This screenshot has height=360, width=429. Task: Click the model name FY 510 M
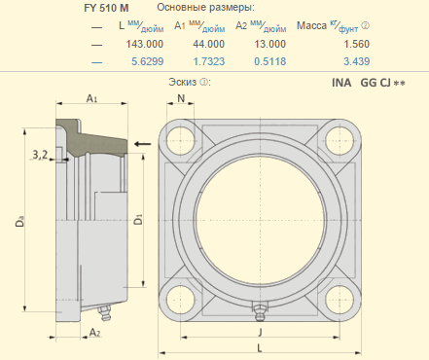(106, 8)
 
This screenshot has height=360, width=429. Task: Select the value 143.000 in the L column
(145, 44)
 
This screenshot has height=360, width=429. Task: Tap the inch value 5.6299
(148, 61)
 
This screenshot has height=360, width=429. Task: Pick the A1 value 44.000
(209, 44)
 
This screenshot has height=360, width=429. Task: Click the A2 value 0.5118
(270, 61)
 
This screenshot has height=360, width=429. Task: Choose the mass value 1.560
(357, 44)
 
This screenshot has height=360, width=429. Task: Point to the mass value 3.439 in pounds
(357, 61)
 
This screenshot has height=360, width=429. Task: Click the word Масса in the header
(311, 25)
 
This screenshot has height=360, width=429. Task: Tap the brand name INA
(341, 83)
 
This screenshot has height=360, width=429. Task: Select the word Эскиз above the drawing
(183, 82)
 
